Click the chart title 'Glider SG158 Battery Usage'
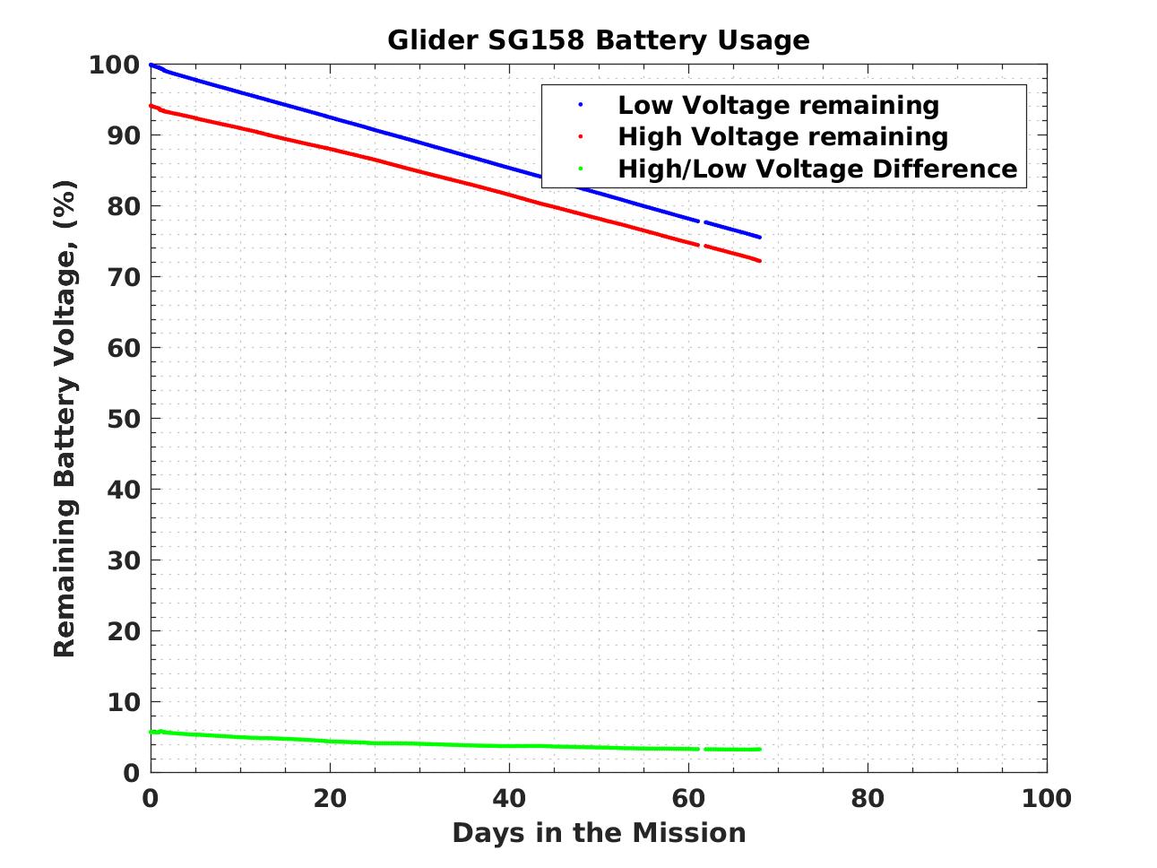[x=598, y=40]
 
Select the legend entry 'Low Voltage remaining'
[x=778, y=105]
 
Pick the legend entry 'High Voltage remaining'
[x=782, y=136]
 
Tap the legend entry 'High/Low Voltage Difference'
[x=817, y=169]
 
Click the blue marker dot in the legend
[x=581, y=105]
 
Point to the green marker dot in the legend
[x=581, y=169]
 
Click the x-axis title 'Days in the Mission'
[x=599, y=833]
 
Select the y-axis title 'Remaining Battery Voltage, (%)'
[x=65, y=418]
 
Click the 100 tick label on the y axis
[x=114, y=65]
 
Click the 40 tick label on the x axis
[x=509, y=798]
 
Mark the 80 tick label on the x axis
[x=868, y=798]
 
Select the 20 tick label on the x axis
[x=330, y=798]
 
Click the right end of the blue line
[x=759, y=237]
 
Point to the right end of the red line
[x=759, y=261]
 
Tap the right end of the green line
[x=759, y=749]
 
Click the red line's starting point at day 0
[x=151, y=106]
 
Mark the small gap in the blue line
[x=702, y=221]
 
